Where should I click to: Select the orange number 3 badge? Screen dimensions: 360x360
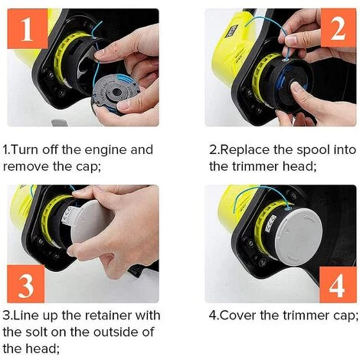pyautogui.click(x=25, y=284)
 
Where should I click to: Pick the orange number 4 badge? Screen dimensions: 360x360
pyautogui.click(x=334, y=284)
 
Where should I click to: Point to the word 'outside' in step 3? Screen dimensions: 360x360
pyautogui.click(x=119, y=331)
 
